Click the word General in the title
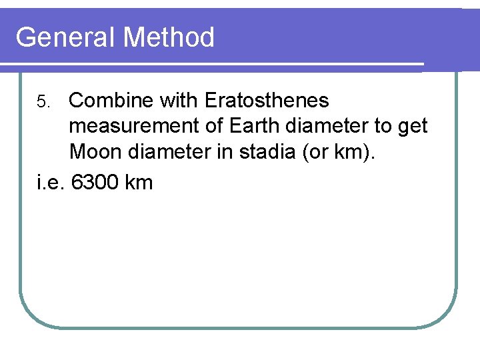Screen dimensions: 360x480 tap(65, 37)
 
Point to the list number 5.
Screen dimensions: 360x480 tap(43, 102)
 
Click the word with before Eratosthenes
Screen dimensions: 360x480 tap(178, 101)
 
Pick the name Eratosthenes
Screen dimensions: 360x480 tap(267, 101)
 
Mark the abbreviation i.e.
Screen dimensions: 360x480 tap(50, 181)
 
